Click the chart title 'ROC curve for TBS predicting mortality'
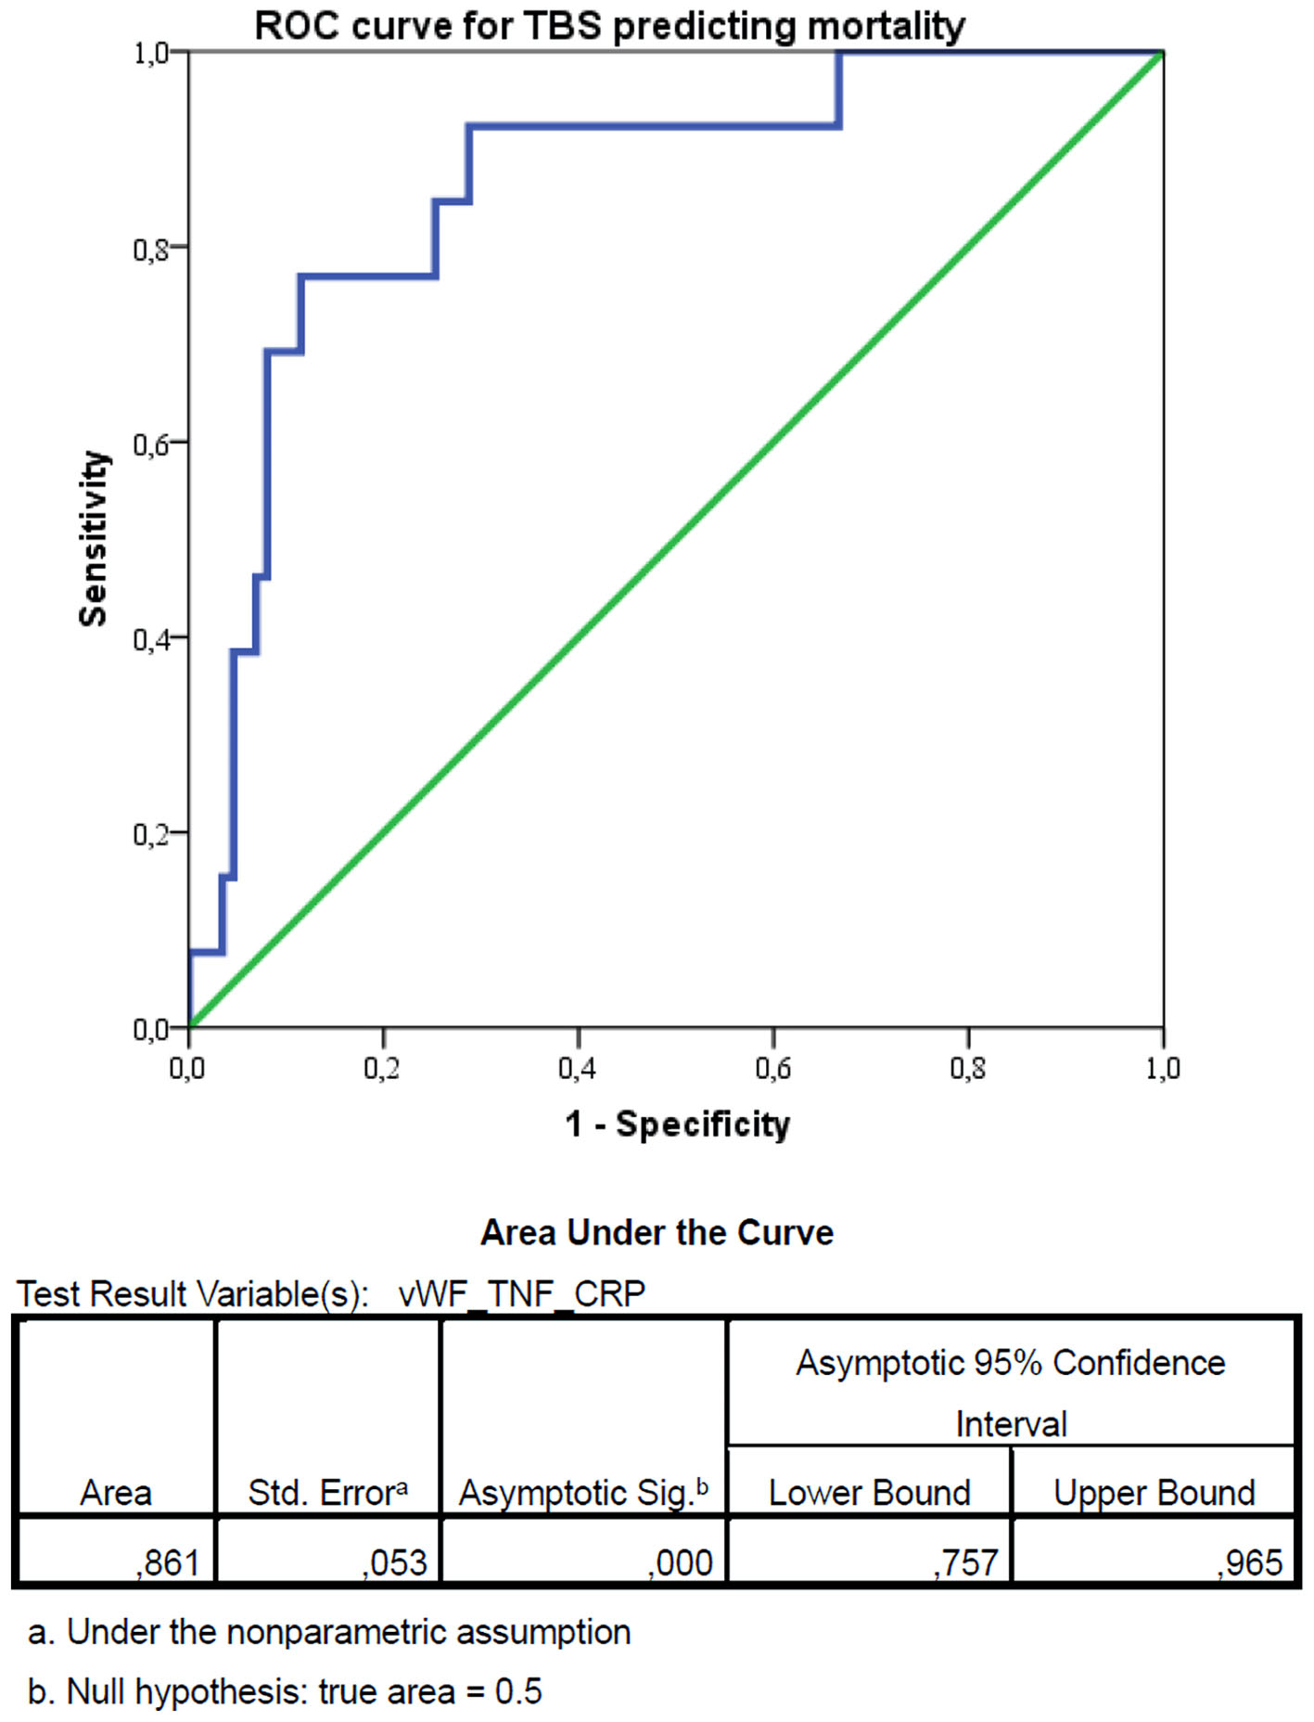[x=609, y=25]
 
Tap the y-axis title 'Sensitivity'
[x=94, y=538]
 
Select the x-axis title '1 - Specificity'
[x=677, y=1124]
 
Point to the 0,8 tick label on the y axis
[x=151, y=249]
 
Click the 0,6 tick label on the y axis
[x=151, y=444]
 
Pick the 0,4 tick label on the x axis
[x=577, y=1069]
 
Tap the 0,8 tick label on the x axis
[x=967, y=1069]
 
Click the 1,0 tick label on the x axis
[x=1162, y=1069]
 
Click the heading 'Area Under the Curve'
[x=657, y=1232]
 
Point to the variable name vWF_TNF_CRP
[x=521, y=1293]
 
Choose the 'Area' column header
[x=116, y=1493]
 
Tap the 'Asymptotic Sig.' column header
[x=583, y=1493]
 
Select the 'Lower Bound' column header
[x=869, y=1493]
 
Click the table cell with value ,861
[x=168, y=1562]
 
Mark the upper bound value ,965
[x=1250, y=1562]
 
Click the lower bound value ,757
[x=965, y=1562]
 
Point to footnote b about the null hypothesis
[x=285, y=1691]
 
